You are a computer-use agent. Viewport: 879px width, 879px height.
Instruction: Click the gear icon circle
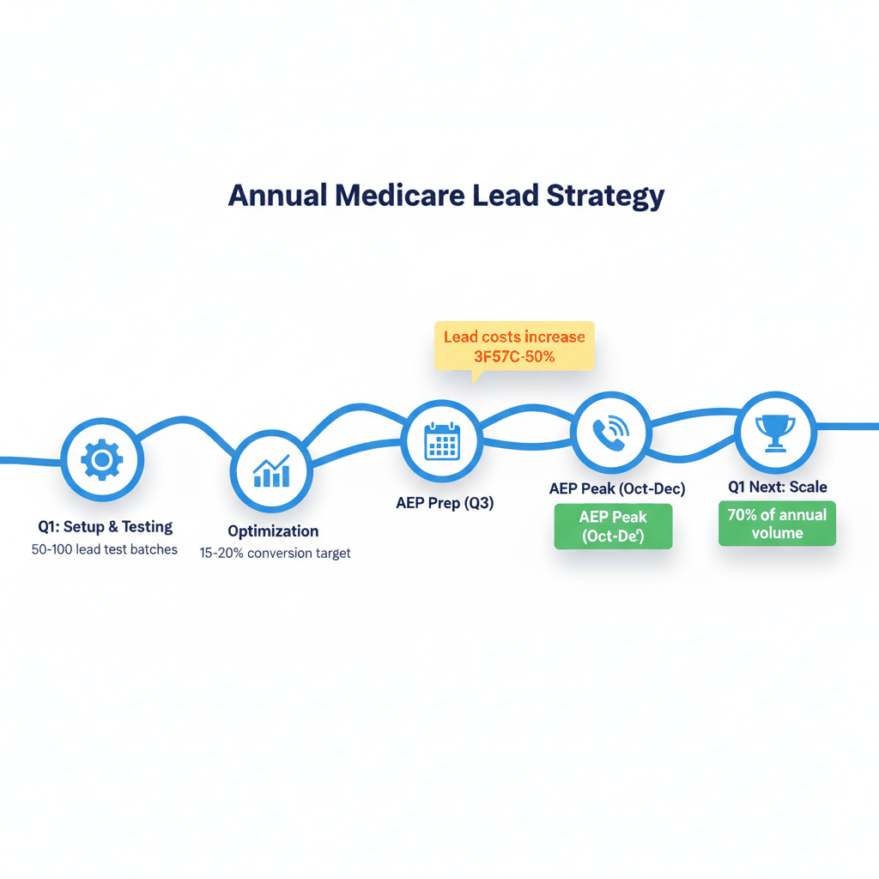point(101,461)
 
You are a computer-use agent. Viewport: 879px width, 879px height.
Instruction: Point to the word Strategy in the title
point(605,195)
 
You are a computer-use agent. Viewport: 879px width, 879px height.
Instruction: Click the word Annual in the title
point(276,195)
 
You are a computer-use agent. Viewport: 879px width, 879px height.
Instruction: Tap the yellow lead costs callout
point(514,346)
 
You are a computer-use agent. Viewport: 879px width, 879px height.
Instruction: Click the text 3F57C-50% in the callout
point(514,356)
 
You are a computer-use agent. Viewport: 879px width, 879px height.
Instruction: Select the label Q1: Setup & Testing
point(105,527)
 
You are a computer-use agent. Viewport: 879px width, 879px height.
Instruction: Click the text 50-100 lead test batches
point(105,549)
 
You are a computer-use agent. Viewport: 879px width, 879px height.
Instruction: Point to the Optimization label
point(273,531)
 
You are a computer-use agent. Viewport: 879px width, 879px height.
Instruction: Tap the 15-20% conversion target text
point(275,554)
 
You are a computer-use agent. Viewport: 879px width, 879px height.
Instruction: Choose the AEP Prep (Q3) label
point(445,503)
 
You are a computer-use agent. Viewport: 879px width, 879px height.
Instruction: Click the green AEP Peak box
point(613,526)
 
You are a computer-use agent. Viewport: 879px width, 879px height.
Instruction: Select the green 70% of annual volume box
point(777,524)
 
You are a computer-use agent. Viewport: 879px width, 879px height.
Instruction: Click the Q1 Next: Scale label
point(778,487)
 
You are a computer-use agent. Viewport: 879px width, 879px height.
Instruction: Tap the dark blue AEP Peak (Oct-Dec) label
point(616,488)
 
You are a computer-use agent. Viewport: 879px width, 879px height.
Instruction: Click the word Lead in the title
point(505,195)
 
